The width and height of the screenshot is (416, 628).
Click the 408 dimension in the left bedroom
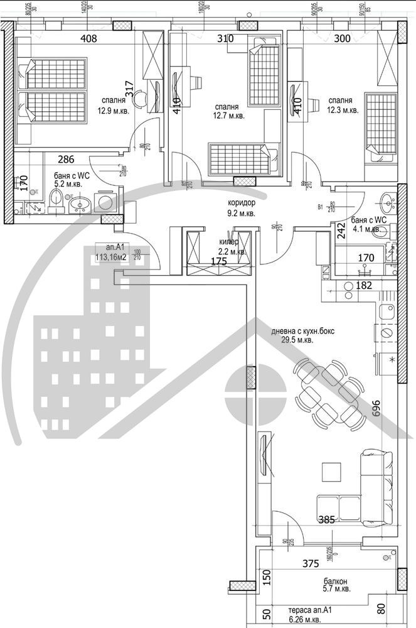tap(88, 38)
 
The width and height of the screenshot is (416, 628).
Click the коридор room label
tap(242, 203)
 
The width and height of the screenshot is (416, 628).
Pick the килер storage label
tap(228, 242)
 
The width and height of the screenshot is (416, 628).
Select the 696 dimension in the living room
tap(376, 408)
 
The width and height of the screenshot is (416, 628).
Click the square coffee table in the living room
tap(330, 471)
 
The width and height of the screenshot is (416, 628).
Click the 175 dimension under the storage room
tap(219, 262)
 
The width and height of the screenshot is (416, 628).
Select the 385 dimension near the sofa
tap(326, 519)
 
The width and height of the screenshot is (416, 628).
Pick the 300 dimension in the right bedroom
tap(343, 38)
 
